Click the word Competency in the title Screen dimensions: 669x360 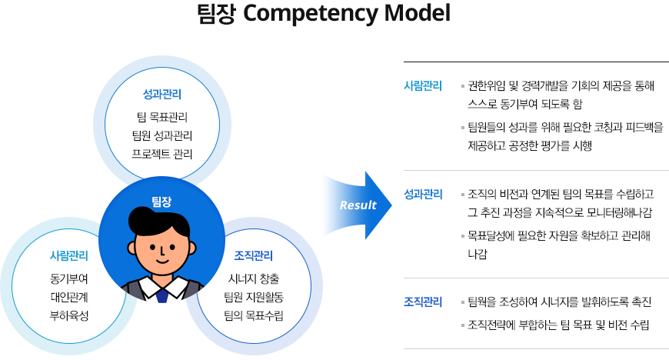tap(310, 14)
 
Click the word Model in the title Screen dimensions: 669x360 tap(417, 13)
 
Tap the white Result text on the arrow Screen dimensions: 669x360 tap(358, 205)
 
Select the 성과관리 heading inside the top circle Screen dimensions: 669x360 tap(162, 94)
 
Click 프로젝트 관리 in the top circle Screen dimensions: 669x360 tap(162, 154)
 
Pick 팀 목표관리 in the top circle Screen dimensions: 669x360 tap(162, 117)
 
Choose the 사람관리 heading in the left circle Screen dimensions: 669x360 tap(69, 256)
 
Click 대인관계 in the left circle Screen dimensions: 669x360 tap(69, 297)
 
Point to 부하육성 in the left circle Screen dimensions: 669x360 tap(69, 315)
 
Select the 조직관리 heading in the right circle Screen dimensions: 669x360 tap(254, 256)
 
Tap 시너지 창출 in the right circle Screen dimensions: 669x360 tap(254, 279)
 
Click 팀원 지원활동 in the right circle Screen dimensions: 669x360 tap(254, 297)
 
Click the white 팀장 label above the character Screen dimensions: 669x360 tap(161, 202)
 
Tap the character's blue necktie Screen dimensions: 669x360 tap(161, 295)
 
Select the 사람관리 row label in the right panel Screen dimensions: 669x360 tap(423, 86)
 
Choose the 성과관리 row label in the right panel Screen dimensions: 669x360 tap(423, 195)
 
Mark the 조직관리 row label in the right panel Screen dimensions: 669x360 tap(423, 302)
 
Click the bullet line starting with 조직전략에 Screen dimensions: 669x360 tap(558, 325)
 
